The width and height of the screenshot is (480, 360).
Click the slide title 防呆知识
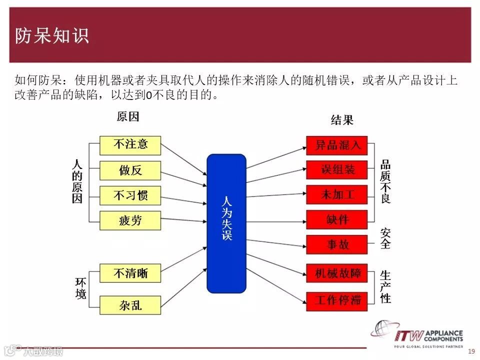tap(51, 35)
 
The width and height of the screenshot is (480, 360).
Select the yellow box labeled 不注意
tap(130, 145)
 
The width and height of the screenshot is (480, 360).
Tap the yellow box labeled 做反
tap(130, 170)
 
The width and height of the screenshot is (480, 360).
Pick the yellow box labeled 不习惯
tap(130, 195)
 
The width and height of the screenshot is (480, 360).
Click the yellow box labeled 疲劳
tap(130, 220)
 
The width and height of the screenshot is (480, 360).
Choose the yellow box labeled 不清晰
tap(130, 273)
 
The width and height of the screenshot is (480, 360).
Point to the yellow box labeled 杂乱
tap(130, 305)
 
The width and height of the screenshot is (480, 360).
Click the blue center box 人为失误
tap(226, 223)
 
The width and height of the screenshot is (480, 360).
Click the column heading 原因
tap(127, 117)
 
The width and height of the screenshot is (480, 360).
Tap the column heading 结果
tap(342, 120)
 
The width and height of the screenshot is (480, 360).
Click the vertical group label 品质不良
tap(385, 182)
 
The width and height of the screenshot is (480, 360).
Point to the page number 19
tap(471, 352)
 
